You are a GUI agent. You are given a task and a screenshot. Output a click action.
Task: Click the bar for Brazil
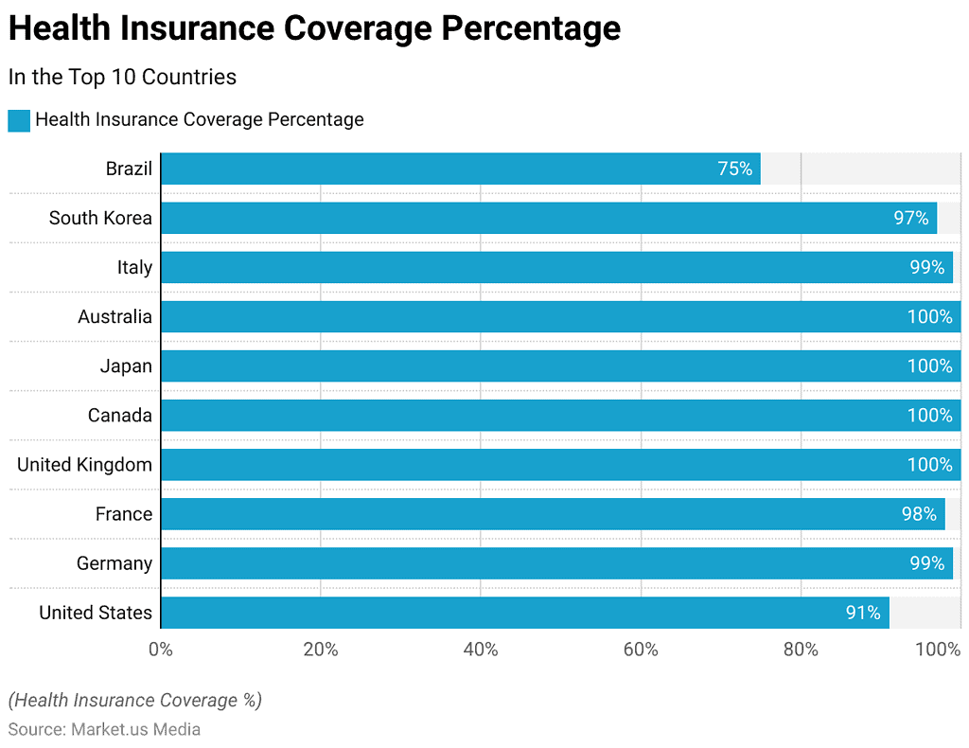(x=460, y=169)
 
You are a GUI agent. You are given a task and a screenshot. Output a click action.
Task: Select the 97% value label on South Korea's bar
(x=910, y=218)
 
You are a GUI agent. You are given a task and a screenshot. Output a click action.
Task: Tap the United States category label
(x=95, y=613)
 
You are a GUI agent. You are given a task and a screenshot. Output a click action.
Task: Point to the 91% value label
(x=862, y=613)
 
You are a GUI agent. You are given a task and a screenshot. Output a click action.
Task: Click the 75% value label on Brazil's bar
(x=734, y=169)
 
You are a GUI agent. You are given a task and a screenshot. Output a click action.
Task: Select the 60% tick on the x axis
(x=641, y=650)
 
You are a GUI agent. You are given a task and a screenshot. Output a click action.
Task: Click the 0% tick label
(x=161, y=650)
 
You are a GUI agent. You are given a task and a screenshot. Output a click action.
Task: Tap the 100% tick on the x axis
(x=939, y=650)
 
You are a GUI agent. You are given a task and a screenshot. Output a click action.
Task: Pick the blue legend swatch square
(x=19, y=120)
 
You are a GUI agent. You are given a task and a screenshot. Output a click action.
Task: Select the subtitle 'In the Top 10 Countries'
(x=122, y=77)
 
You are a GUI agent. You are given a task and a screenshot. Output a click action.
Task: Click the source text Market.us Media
(x=135, y=729)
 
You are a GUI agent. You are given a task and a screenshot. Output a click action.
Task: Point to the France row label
(x=123, y=514)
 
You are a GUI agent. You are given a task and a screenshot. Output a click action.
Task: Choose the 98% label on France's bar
(x=918, y=514)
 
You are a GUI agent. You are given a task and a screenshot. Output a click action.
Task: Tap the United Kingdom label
(x=84, y=465)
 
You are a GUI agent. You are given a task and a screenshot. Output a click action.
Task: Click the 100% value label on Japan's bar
(x=929, y=365)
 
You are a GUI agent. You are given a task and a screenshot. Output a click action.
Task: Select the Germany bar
(x=556, y=563)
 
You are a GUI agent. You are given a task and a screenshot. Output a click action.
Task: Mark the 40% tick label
(x=481, y=650)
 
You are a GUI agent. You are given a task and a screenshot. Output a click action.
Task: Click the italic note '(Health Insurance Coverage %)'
(x=135, y=701)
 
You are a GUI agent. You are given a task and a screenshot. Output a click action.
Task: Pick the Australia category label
(x=115, y=316)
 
